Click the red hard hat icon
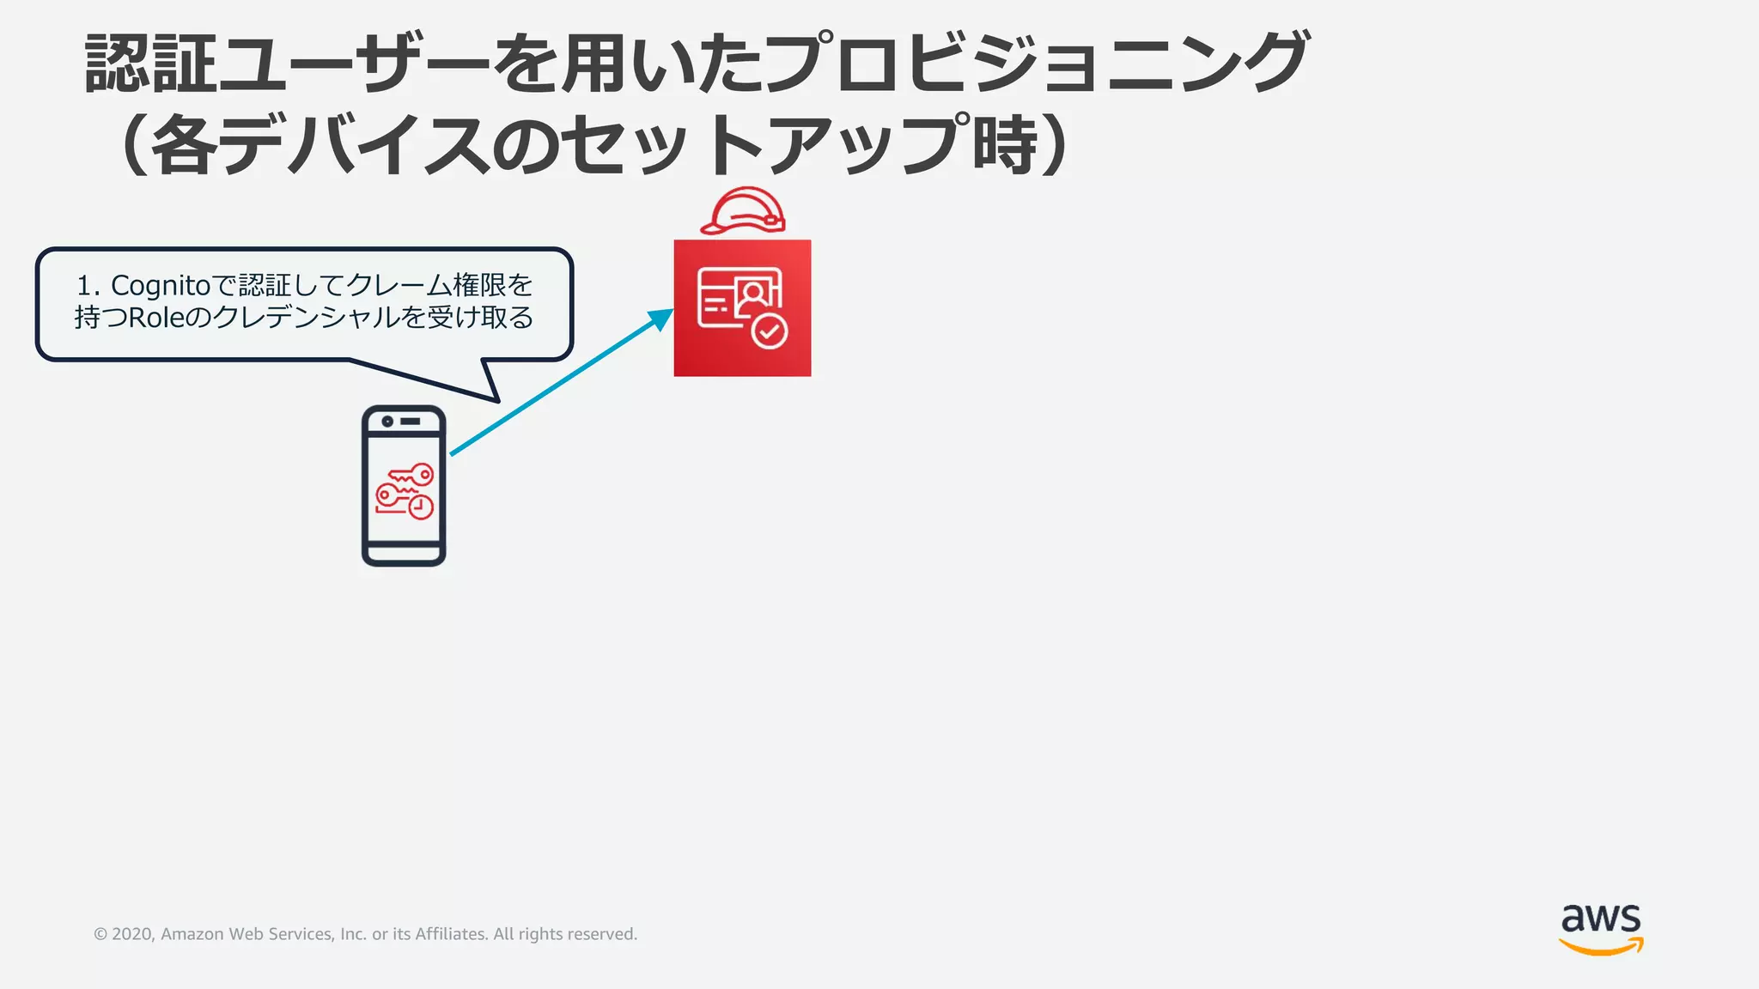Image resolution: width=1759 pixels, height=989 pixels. click(743, 211)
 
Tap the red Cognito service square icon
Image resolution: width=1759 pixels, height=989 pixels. click(742, 307)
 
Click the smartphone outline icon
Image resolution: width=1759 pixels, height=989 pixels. click(404, 486)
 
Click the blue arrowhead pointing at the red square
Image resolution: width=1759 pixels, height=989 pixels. click(662, 319)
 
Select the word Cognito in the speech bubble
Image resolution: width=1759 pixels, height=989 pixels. click(161, 285)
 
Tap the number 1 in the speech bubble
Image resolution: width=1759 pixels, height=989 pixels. click(84, 285)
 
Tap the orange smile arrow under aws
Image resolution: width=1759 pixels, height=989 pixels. click(1601, 947)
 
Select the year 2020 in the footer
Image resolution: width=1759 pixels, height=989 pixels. click(131, 934)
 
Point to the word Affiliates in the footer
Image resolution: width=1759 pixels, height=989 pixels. click(452, 934)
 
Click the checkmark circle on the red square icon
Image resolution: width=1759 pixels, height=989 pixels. click(770, 331)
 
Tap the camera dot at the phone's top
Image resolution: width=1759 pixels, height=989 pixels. click(387, 422)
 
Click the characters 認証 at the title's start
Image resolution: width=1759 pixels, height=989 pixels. click(150, 64)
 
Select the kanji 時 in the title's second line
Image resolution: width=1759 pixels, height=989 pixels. click(1005, 144)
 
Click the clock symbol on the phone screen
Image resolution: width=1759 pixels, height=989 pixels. click(421, 507)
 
